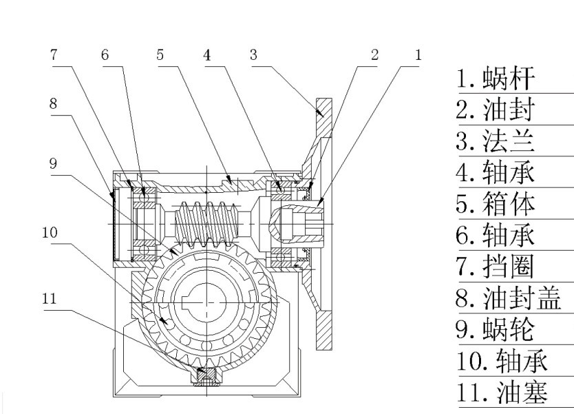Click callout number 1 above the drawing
point(417,55)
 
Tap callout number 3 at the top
point(253,55)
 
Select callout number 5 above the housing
point(160,55)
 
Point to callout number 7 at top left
point(54,55)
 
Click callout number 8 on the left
point(53,104)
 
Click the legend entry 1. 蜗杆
point(495,79)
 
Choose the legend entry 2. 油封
point(495,110)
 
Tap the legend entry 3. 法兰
point(495,141)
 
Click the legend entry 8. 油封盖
point(508,298)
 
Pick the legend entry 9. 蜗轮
point(495,329)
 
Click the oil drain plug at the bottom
point(204,376)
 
